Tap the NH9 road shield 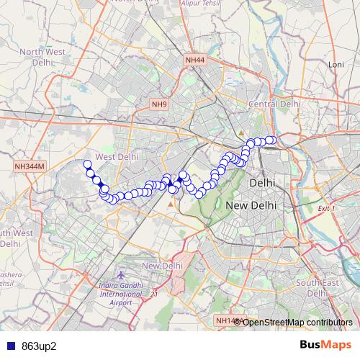point(159,104)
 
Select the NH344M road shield point(30,166)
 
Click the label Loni point(336,64)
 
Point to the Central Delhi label point(274,104)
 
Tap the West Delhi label point(116,156)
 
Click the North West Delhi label point(43,57)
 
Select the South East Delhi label point(317,287)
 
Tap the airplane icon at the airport point(122,276)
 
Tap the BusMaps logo point(325,344)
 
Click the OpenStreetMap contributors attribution point(297,322)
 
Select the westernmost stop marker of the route point(88,164)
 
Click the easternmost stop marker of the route point(271,140)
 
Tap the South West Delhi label point(14,238)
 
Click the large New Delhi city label point(251,205)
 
